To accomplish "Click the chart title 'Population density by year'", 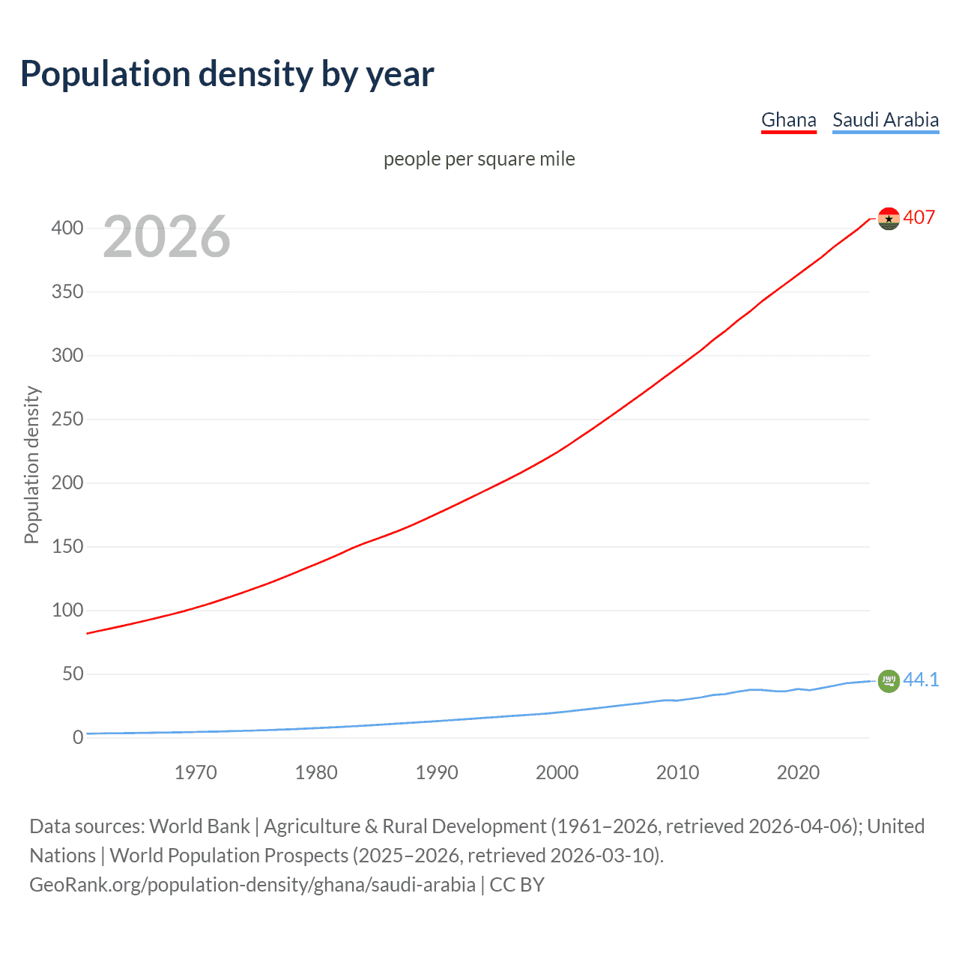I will pyautogui.click(x=227, y=74).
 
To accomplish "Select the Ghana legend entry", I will pyautogui.click(x=788, y=120).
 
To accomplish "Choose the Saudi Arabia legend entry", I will pyautogui.click(x=885, y=120).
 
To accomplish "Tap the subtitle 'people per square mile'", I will pyautogui.click(x=479, y=159).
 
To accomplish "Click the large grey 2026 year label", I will pyautogui.click(x=166, y=237).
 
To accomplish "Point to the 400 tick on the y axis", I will pyautogui.click(x=67, y=228).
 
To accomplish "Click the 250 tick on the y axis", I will pyautogui.click(x=67, y=419).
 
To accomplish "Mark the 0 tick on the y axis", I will pyautogui.click(x=78, y=737).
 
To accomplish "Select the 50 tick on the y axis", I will pyautogui.click(x=73, y=674).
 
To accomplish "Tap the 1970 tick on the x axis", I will pyautogui.click(x=196, y=772).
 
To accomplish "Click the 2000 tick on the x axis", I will pyautogui.click(x=557, y=772).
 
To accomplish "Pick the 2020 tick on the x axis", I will pyautogui.click(x=798, y=772).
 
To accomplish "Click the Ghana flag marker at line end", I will pyautogui.click(x=889, y=219).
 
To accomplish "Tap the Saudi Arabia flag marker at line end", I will pyautogui.click(x=889, y=681).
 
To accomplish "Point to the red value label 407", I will pyautogui.click(x=919, y=217).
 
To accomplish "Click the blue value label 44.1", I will pyautogui.click(x=921, y=680).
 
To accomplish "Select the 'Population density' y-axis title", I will pyautogui.click(x=31, y=465).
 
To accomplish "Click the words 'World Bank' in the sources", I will pyautogui.click(x=199, y=826).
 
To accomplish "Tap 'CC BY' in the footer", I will pyautogui.click(x=517, y=885).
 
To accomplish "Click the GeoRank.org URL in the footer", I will pyautogui.click(x=252, y=885).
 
